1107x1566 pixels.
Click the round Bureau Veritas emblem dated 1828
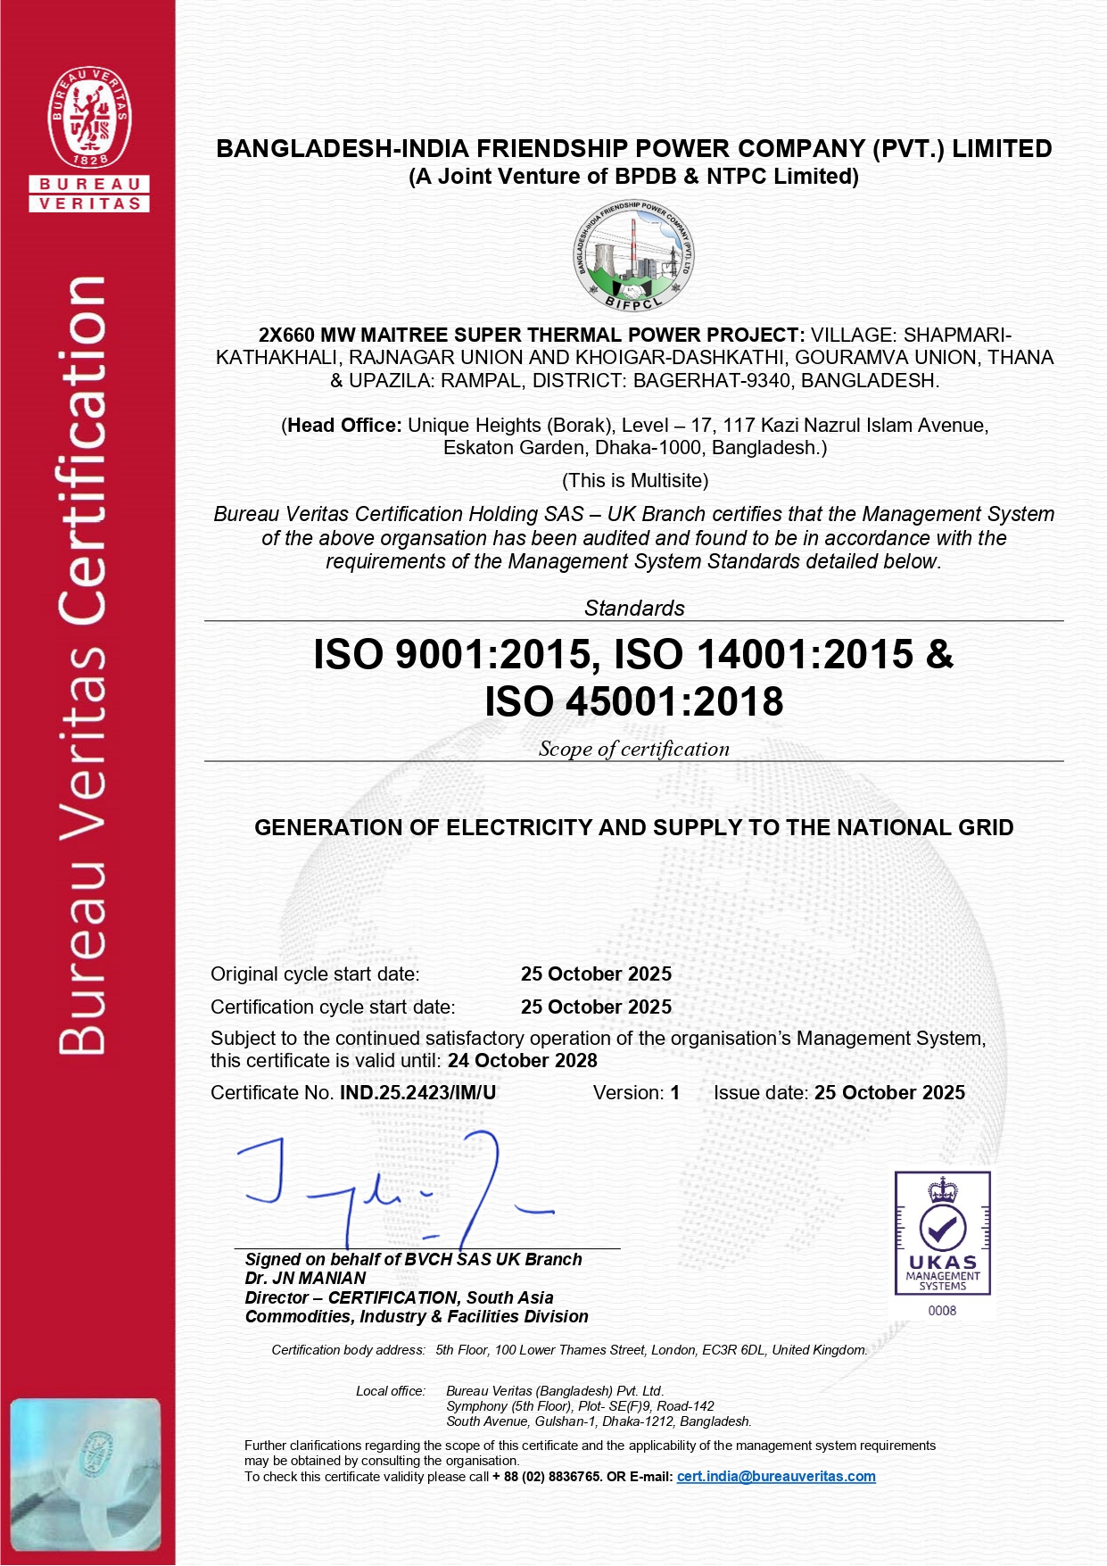pos(89,117)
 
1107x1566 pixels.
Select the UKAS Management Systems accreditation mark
pos(942,1232)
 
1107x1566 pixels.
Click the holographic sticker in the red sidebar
pos(87,1473)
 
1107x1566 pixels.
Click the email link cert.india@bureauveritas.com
pos(776,1477)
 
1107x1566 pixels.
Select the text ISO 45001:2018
pos(633,701)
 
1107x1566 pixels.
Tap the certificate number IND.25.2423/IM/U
pos(417,1093)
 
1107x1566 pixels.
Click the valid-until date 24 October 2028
pos(523,1061)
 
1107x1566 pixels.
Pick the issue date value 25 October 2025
pos(889,1093)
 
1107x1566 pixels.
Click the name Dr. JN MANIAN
pos(305,1279)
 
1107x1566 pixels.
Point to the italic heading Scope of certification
pos(633,750)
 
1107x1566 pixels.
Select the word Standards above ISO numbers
pos(634,609)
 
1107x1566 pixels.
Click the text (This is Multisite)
pos(635,481)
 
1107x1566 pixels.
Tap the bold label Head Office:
pos(344,426)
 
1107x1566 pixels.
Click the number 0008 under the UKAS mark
pos(942,1311)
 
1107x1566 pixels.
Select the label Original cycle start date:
pos(315,974)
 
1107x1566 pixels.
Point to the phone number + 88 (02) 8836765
pos(546,1477)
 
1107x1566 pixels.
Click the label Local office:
pos(390,1391)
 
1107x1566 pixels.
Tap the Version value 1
pos(675,1093)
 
